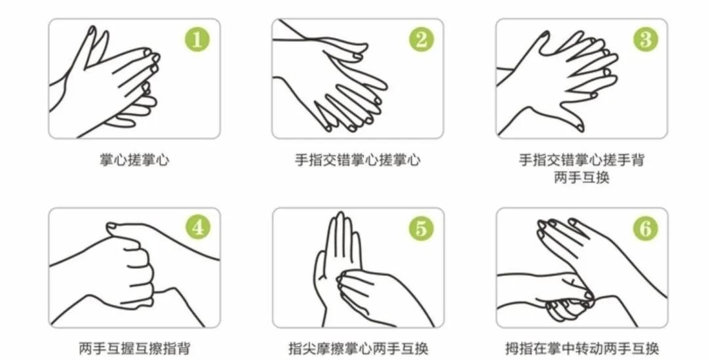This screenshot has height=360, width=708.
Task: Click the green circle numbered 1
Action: click(x=197, y=41)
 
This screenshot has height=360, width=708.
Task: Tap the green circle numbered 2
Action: click(x=421, y=41)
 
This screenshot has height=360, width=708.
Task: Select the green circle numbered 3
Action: click(x=645, y=41)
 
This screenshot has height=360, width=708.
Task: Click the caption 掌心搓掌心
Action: click(x=134, y=160)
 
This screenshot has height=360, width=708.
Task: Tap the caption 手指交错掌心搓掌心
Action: click(x=357, y=160)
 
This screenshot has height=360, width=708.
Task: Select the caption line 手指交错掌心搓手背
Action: click(x=581, y=160)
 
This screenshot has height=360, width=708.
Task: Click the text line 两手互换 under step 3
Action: click(x=581, y=178)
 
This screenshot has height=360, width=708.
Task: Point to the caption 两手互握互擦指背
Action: click(x=134, y=349)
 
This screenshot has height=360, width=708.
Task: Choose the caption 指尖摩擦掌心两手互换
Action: click(x=358, y=349)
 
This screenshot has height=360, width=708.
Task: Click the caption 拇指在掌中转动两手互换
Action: click(x=582, y=349)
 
